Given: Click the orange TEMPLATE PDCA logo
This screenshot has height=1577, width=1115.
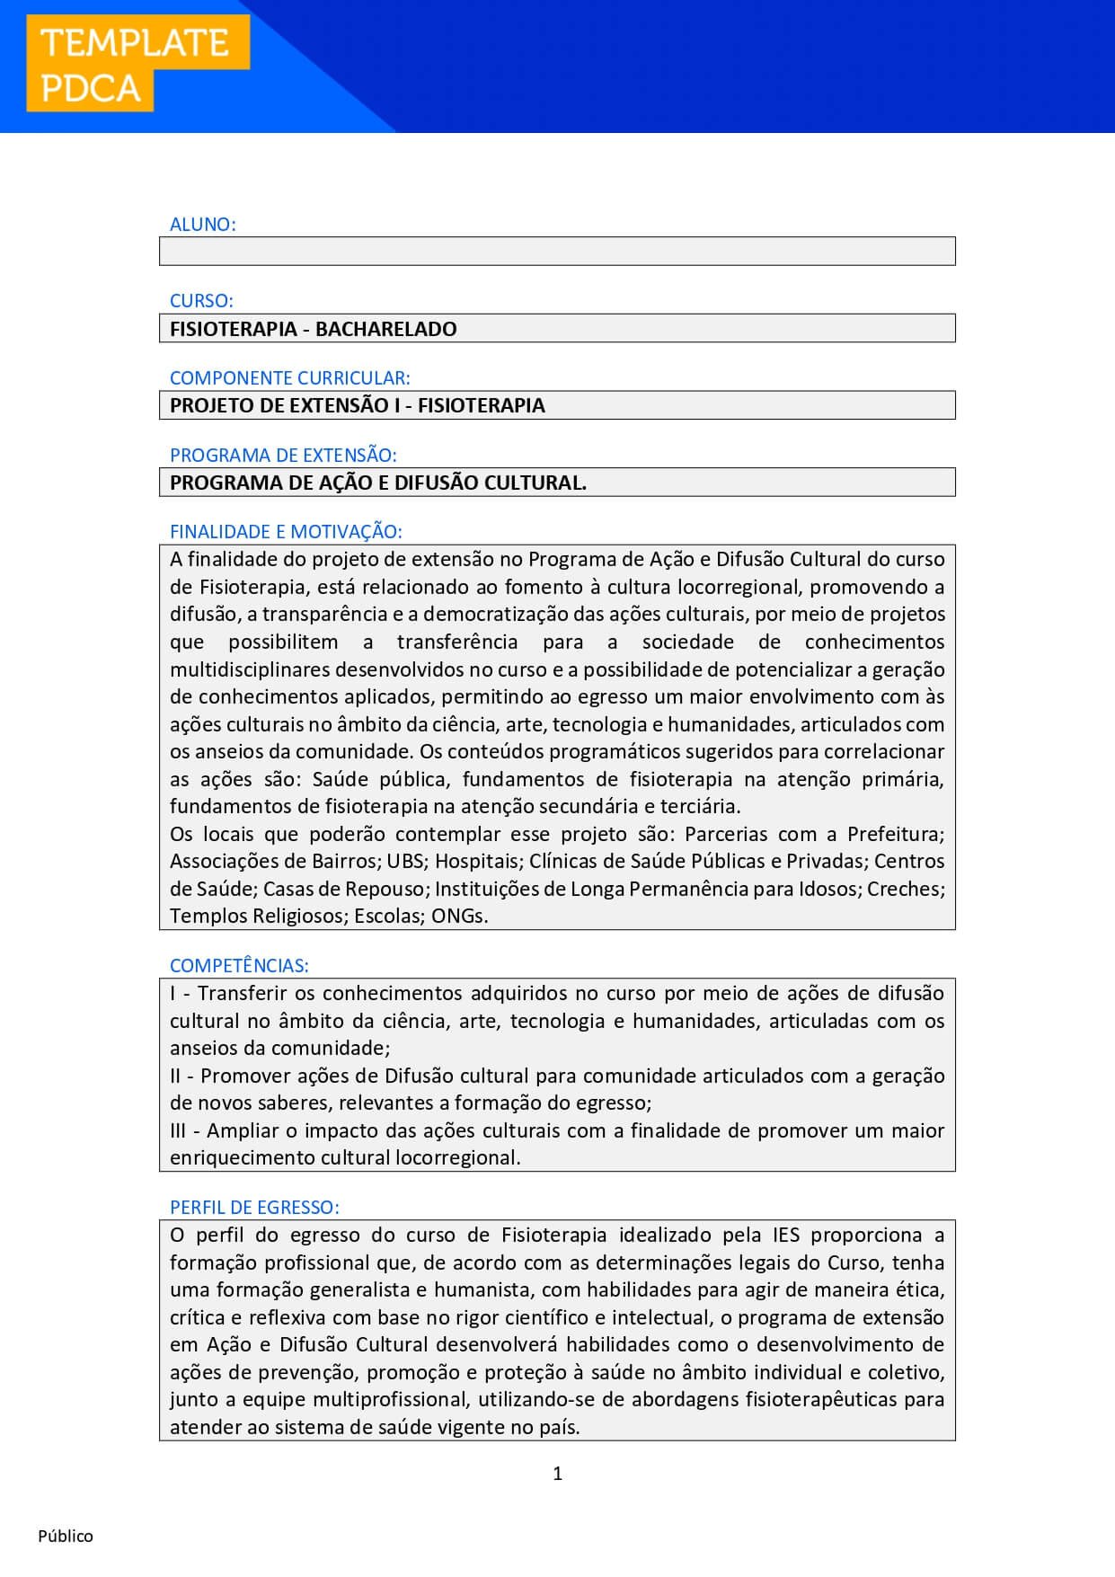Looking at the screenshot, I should (x=137, y=64).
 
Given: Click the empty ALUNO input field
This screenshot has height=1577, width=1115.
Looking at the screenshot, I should (x=557, y=252).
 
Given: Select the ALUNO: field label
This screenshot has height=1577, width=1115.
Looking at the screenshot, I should (x=203, y=225).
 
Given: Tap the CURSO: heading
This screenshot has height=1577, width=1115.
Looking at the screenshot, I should (x=201, y=301).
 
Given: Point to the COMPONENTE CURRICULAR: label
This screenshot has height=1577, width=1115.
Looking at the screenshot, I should (x=289, y=378).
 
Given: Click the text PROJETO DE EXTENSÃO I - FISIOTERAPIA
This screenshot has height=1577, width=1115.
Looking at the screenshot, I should (x=358, y=405).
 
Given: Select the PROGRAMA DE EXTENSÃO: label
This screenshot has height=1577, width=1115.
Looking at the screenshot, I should (x=283, y=455).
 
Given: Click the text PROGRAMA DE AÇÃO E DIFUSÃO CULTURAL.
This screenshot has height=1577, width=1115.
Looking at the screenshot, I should (x=378, y=483).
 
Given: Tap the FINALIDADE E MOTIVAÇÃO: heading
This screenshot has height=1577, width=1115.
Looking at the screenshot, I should (x=286, y=532).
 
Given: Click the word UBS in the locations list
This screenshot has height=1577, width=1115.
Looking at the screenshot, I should (x=405, y=861).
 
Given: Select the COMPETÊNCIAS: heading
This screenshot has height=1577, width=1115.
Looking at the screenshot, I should (x=239, y=966).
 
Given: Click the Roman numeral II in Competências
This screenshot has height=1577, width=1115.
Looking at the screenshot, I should (x=175, y=1076).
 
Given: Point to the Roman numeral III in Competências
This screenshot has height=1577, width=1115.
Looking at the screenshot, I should (x=178, y=1130).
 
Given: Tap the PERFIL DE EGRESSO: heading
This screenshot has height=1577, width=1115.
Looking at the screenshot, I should (x=254, y=1208).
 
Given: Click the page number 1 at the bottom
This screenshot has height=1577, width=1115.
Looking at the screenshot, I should (x=558, y=1473).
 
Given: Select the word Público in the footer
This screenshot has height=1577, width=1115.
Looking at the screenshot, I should (x=66, y=1536).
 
